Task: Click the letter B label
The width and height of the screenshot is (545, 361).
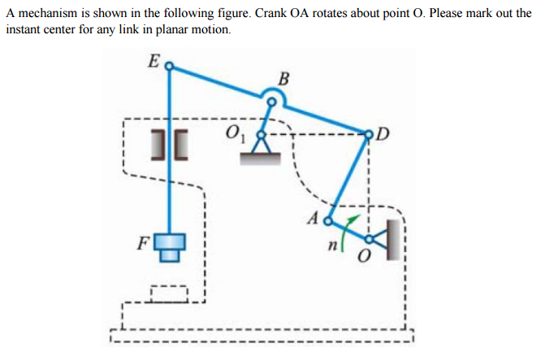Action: point(283,79)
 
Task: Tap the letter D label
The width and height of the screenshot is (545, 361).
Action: point(383,133)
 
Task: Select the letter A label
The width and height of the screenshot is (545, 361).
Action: point(314,218)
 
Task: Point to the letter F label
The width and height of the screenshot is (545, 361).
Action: point(143,242)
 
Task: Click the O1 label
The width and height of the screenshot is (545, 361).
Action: point(235,131)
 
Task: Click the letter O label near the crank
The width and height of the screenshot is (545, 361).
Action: point(365,257)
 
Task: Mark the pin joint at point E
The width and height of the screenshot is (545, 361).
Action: point(169,68)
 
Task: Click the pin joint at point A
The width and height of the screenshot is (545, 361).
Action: point(329,220)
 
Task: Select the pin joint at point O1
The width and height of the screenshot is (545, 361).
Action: point(262,133)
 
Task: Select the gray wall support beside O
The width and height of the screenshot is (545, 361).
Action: point(393,241)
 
